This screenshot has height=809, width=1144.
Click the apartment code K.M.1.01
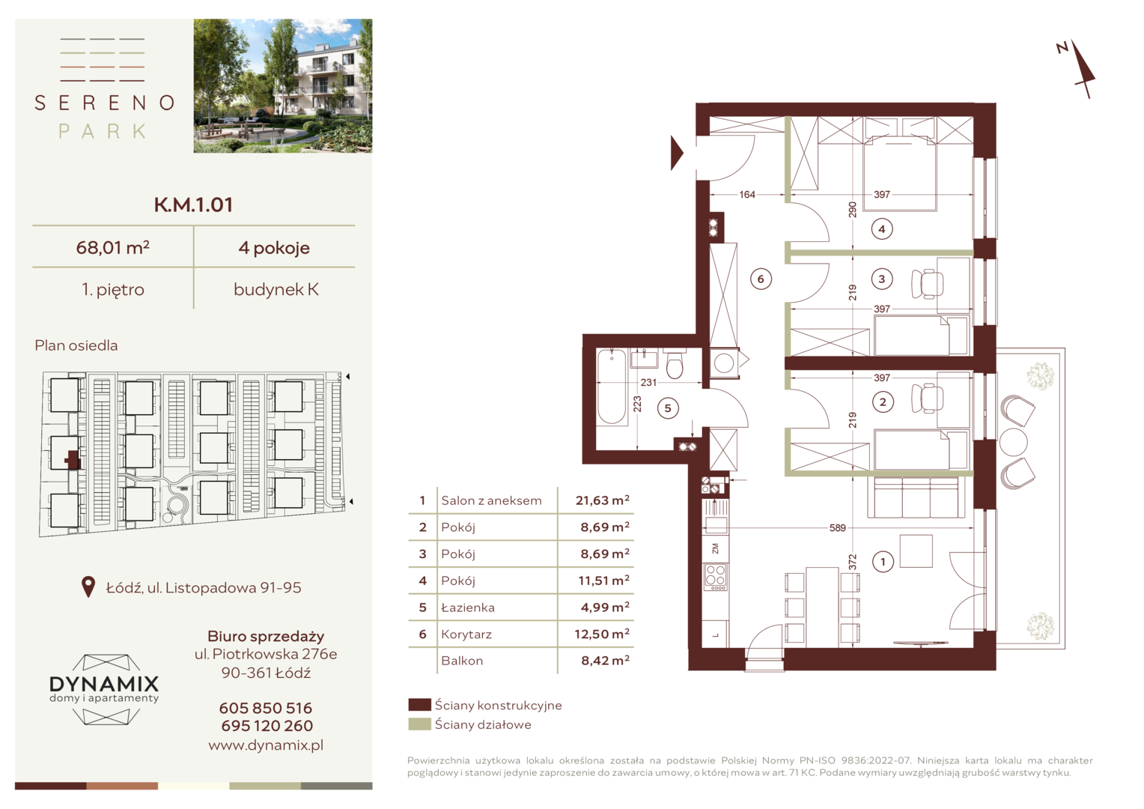coord(194,204)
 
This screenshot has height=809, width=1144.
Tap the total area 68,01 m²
coord(113,247)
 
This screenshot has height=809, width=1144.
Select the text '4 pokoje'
coord(274,248)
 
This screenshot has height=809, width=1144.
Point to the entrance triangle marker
coord(677,153)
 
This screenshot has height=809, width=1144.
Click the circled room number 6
coord(761,279)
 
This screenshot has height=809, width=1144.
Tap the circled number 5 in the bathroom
coord(668,407)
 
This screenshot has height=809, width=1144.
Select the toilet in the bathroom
coord(675,363)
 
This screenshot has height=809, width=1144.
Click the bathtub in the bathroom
coord(612,387)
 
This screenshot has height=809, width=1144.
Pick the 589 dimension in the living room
coord(838,527)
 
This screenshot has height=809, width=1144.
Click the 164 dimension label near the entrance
coord(746,194)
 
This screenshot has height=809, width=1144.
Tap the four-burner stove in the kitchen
coord(715,577)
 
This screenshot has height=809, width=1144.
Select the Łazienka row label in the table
coord(468,607)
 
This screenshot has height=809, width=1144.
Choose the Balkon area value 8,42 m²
coord(605,660)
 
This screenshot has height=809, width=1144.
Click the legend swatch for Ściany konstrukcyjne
coord(419,705)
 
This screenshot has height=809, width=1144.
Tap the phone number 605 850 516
coord(266,708)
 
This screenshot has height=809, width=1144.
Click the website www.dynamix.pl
coord(266,745)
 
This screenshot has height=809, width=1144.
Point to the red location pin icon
coord(88,587)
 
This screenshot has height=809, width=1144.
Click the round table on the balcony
coord(1013,442)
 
